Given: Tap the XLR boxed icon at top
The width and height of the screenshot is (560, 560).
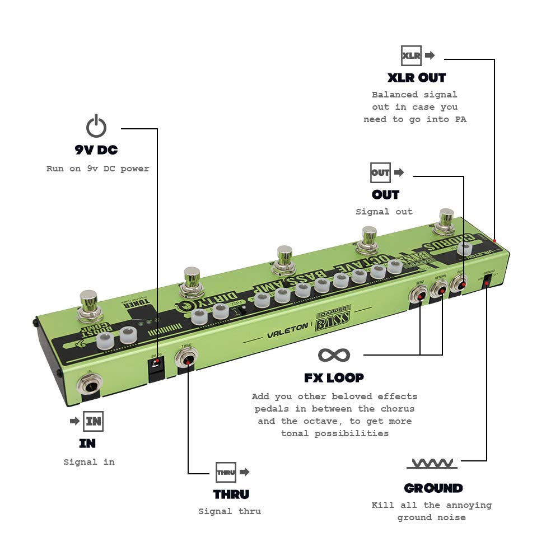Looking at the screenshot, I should [x=412, y=55].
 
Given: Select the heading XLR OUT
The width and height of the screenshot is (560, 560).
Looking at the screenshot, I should [x=417, y=77].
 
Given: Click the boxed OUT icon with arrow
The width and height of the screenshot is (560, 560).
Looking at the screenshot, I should [x=380, y=172].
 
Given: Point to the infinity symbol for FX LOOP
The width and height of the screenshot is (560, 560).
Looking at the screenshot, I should [x=334, y=354].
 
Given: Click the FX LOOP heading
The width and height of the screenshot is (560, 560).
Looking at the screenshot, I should [x=334, y=377].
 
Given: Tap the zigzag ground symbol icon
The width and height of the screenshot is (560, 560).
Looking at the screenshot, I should [x=432, y=463].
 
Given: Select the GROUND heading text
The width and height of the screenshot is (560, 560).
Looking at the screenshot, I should [x=433, y=488].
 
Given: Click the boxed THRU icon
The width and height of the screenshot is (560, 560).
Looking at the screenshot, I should [x=226, y=472].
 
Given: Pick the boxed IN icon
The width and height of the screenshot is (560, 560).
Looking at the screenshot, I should [x=93, y=421].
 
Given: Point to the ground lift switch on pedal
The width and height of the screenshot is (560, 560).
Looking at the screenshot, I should [x=487, y=283].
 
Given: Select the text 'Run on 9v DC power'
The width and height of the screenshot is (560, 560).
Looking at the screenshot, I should [x=98, y=169].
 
